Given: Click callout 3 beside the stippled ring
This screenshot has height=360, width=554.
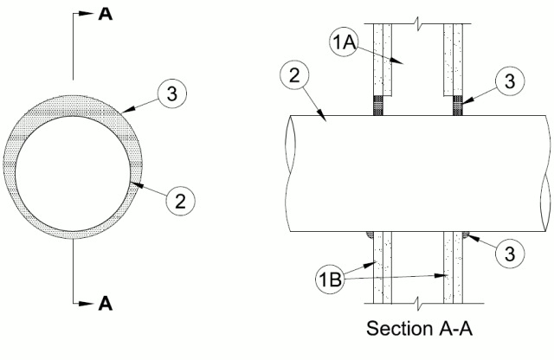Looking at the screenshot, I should click(172, 93).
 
